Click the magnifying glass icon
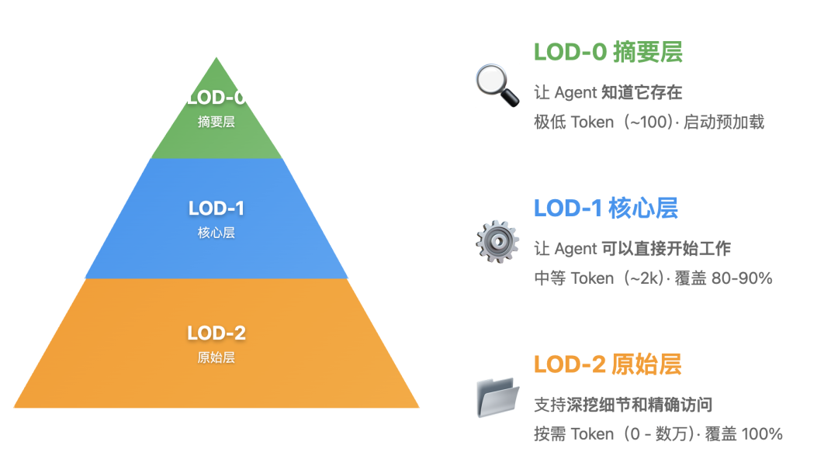click(x=497, y=85)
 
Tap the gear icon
click(x=497, y=241)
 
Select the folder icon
click(x=497, y=397)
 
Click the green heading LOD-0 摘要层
click(x=608, y=52)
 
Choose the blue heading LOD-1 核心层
click(x=605, y=208)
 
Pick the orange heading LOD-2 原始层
click(x=607, y=364)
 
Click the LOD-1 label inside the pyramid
click(x=216, y=209)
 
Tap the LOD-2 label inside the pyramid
click(x=216, y=333)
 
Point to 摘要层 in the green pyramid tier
click(x=216, y=122)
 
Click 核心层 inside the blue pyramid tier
click(x=216, y=233)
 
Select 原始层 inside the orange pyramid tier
click(x=216, y=357)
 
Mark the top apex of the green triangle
click(x=216, y=59)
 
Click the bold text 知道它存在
click(x=642, y=93)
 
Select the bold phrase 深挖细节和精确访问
click(x=639, y=405)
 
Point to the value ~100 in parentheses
click(x=649, y=122)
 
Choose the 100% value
click(x=762, y=434)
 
